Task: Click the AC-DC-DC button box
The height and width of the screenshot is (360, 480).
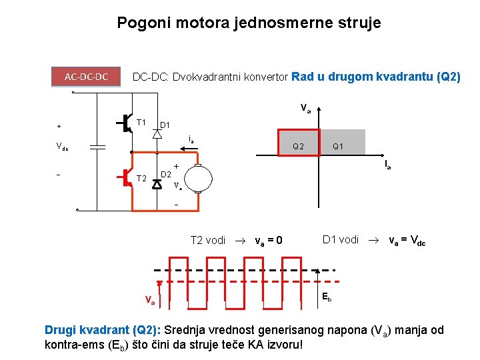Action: [x=87, y=77]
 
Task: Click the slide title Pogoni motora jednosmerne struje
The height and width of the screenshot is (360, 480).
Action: [x=249, y=23]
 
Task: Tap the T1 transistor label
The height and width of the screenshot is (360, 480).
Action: [x=141, y=122]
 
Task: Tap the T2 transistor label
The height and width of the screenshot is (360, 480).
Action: [x=141, y=178]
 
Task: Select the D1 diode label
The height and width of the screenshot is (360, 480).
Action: [x=165, y=125]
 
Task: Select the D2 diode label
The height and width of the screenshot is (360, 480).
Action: [x=167, y=175]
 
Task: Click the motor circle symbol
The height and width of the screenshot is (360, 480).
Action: [x=199, y=179]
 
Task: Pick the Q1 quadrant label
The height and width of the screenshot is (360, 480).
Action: [x=337, y=147]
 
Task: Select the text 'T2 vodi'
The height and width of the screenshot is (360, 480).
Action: [x=207, y=240]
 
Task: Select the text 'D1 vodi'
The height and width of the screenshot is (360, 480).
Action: [x=340, y=239]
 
